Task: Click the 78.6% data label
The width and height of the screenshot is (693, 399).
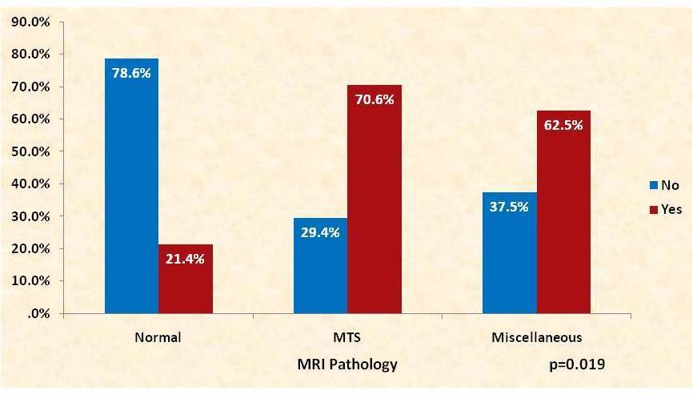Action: click(x=132, y=72)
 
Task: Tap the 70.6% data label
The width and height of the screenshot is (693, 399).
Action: click(x=375, y=99)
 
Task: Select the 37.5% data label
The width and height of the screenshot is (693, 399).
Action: click(x=510, y=205)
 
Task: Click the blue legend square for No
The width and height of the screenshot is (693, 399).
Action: click(x=652, y=186)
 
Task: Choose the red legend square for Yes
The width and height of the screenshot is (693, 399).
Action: click(x=652, y=208)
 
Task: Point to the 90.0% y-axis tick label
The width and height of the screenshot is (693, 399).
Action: click(x=31, y=22)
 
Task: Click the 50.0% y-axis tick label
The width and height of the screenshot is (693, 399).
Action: click(x=31, y=151)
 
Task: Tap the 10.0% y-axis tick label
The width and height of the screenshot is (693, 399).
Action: click(x=31, y=281)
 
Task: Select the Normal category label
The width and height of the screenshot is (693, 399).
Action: click(x=158, y=337)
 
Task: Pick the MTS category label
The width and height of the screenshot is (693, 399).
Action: click(x=347, y=337)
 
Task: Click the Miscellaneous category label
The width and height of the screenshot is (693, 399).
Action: click(x=536, y=337)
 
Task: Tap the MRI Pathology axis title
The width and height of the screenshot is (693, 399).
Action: click(x=347, y=365)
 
